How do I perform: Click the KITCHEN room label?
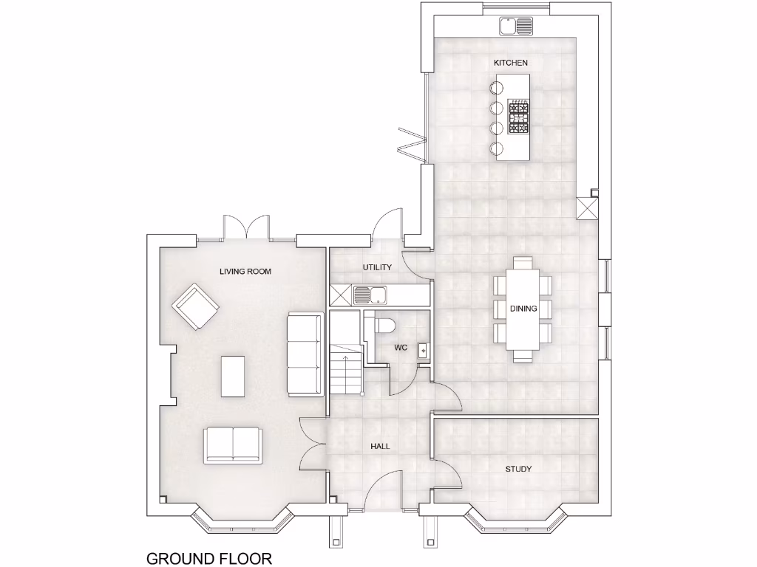coord(511,63)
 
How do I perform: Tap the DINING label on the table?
coord(523,309)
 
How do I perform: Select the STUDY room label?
coord(518,469)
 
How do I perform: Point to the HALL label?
coord(380,446)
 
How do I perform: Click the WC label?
coord(401,347)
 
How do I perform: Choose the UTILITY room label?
coord(377,267)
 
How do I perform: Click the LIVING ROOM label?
coord(245,272)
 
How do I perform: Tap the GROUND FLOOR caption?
coord(209,557)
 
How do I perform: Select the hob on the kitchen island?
coord(519,118)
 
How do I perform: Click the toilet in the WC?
coord(385,326)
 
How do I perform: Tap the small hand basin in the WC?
coord(423,350)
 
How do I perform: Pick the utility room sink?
coord(371,295)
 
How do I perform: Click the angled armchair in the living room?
coord(195,306)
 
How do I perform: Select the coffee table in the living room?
coord(233,376)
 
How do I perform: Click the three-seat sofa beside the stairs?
coord(305,353)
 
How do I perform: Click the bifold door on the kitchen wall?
coord(413,143)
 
